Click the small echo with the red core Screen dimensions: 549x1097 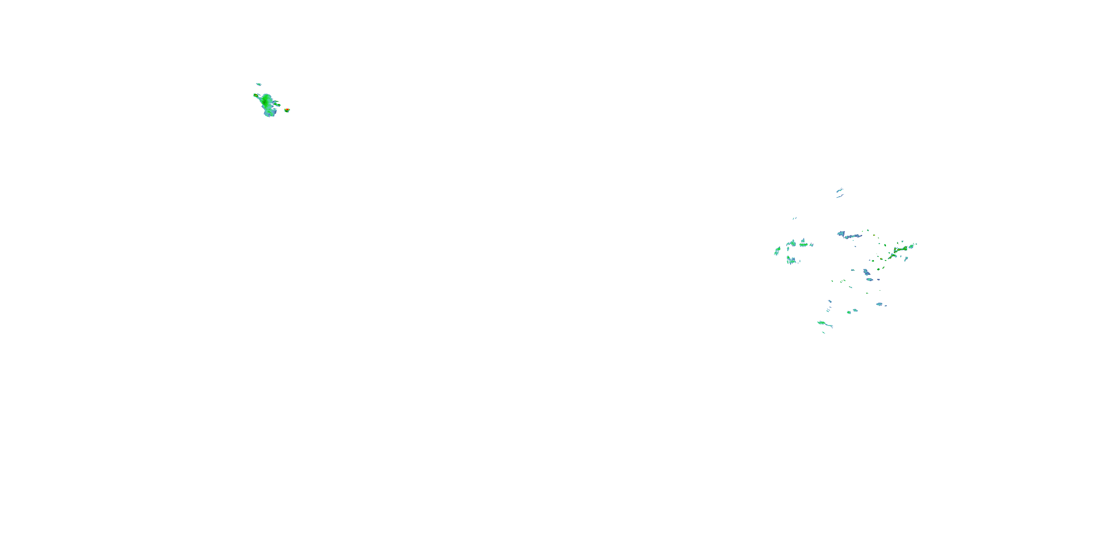coord(287,110)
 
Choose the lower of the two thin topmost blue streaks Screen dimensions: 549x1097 coord(840,196)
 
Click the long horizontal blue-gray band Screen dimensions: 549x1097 coord(853,236)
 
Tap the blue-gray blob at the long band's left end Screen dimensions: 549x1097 coord(841,234)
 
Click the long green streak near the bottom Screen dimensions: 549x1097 coord(825,324)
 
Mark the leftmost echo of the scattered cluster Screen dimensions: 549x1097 coord(777,251)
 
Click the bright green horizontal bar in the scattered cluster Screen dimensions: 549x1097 coord(804,245)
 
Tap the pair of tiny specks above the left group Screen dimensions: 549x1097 coord(794,218)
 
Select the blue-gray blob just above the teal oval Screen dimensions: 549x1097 coord(866,272)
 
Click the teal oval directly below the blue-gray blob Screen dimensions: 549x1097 coord(869,280)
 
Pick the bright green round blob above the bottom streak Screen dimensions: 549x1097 coord(849,313)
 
